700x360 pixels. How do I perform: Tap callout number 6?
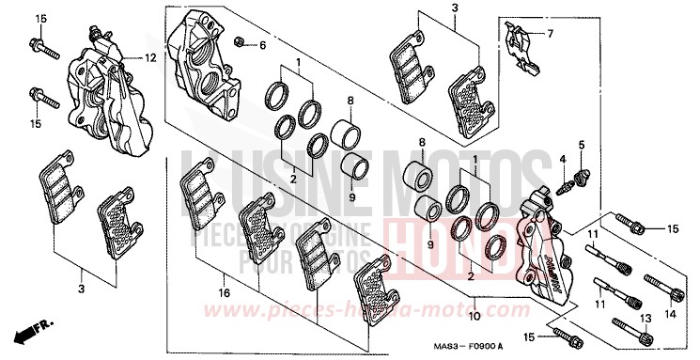(x=263, y=44)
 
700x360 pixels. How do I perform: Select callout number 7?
(x=550, y=35)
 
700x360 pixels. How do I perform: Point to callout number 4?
(x=563, y=160)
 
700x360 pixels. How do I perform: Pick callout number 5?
(x=581, y=145)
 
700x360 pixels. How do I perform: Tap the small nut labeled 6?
(x=241, y=41)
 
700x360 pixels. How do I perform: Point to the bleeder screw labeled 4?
(x=568, y=184)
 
